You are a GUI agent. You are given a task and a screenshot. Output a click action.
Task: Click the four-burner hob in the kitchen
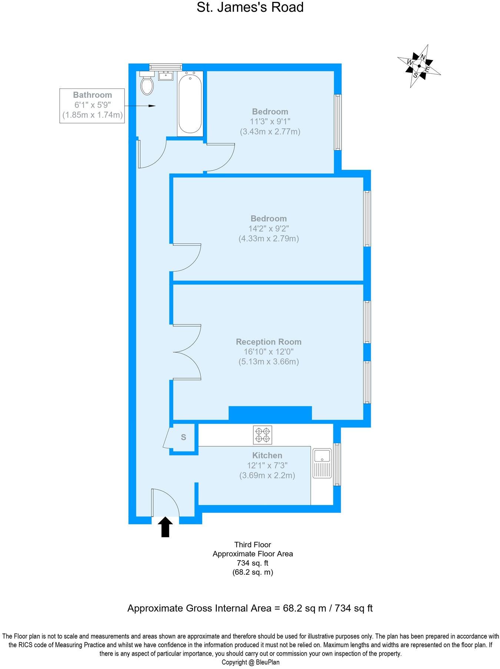[263, 435]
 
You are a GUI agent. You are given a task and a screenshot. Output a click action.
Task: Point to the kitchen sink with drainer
[322, 463]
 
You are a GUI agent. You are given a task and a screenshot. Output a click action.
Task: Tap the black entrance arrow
[165, 527]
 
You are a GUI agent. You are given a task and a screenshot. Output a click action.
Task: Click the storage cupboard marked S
[183, 437]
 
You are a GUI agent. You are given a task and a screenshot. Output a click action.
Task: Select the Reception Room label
[269, 342]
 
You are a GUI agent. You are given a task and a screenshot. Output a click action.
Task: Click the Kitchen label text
[267, 455]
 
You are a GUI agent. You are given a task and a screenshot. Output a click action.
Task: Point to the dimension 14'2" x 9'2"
[269, 229]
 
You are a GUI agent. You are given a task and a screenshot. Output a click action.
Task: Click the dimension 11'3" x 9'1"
[270, 121]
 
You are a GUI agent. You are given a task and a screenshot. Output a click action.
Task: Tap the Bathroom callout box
[92, 105]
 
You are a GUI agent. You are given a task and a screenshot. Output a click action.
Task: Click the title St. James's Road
[250, 7]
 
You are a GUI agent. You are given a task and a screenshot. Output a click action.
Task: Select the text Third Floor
[253, 545]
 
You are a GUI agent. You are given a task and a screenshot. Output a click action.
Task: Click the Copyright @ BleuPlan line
[250, 662]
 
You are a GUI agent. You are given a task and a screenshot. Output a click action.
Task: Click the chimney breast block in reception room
[270, 413]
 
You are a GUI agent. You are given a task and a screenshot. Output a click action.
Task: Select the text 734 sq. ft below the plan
[253, 563]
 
